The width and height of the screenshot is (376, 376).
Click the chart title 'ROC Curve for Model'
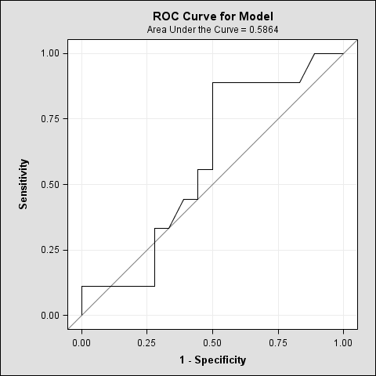(213, 16)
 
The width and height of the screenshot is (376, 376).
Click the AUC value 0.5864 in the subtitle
(264, 29)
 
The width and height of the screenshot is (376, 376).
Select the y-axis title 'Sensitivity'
(24, 184)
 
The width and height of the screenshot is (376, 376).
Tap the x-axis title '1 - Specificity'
(212, 360)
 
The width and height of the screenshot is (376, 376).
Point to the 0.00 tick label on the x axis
(81, 342)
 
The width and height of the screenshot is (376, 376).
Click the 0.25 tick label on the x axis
(147, 342)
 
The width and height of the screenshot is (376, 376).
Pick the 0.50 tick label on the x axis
(212, 342)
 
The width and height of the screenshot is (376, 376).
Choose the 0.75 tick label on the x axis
(278, 342)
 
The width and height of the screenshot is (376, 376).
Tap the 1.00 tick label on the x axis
(343, 342)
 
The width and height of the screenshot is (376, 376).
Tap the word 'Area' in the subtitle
(157, 29)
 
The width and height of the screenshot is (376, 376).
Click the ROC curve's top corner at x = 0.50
(212, 82)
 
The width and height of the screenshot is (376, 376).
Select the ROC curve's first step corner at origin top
(81, 286)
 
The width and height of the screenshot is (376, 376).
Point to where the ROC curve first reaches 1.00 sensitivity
(314, 53)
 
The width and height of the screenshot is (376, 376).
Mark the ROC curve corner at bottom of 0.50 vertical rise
(212, 169)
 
